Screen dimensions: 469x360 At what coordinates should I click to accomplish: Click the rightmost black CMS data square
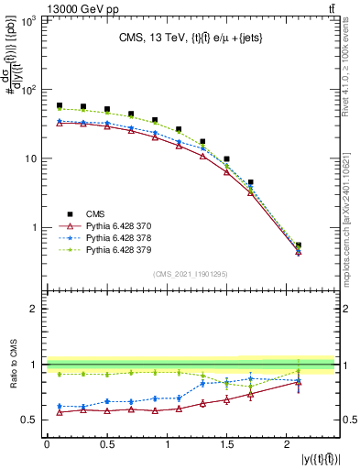299,245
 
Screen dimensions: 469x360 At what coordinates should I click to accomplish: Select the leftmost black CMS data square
59,105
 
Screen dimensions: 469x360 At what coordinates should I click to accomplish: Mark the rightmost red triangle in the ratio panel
299,382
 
